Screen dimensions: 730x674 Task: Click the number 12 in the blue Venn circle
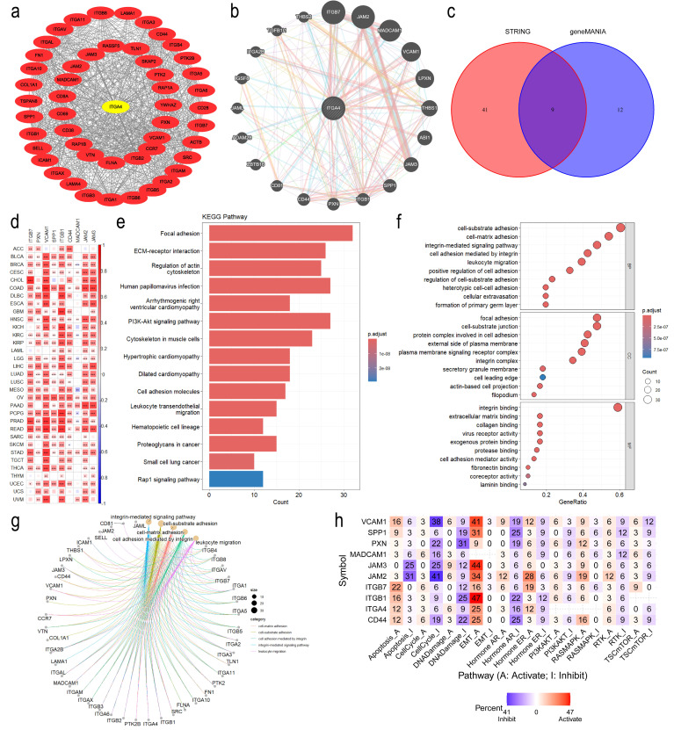point(620,110)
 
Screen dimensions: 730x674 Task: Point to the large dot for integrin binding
point(618,406)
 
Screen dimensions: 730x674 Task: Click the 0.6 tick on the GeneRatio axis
point(620,496)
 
